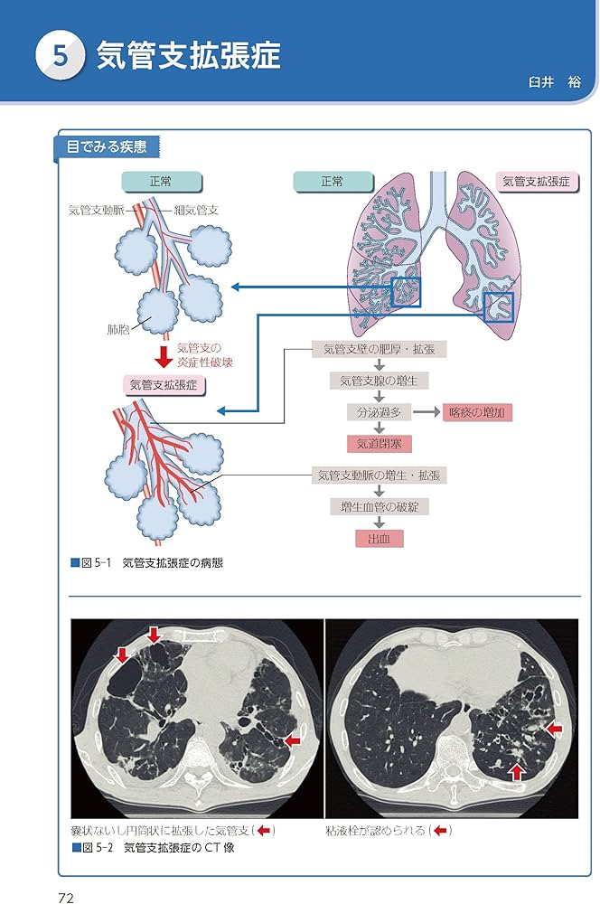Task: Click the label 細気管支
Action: click(x=197, y=210)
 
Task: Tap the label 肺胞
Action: click(x=118, y=329)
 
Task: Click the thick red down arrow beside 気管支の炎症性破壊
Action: click(x=164, y=353)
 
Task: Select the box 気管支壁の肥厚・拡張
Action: click(x=379, y=349)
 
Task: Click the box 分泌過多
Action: click(x=379, y=412)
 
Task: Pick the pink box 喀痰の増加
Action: click(x=479, y=412)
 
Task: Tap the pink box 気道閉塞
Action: click(x=379, y=444)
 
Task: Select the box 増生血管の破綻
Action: click(x=379, y=507)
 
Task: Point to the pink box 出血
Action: click(x=379, y=539)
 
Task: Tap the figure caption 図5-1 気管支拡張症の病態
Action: click(x=146, y=563)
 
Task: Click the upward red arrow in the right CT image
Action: click(x=516, y=771)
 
